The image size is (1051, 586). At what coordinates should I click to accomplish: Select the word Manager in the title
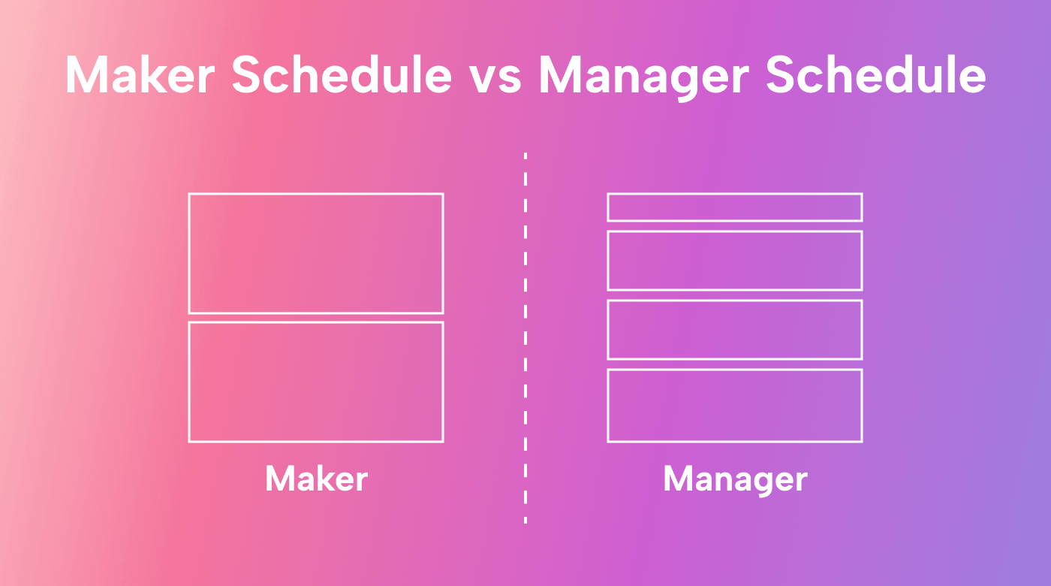642,75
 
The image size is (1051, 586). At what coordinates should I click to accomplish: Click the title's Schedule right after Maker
342,75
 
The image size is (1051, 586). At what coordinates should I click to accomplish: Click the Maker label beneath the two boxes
316,479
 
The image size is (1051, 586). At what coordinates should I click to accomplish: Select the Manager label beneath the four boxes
735,479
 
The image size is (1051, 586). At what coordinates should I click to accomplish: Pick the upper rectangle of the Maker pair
316,253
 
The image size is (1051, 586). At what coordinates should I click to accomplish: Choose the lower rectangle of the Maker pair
316,382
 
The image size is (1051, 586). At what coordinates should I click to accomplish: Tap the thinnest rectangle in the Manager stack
735,207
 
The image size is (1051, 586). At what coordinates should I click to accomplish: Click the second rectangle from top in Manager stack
735,261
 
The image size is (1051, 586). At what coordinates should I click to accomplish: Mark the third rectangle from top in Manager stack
735,330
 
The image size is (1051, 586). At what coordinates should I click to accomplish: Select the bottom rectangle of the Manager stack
735,406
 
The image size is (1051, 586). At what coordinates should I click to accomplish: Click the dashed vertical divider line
525,338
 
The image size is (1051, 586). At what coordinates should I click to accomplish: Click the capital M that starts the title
87,75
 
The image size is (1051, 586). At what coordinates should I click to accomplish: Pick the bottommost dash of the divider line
525,518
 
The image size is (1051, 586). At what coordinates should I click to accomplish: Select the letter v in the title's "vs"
484,77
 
